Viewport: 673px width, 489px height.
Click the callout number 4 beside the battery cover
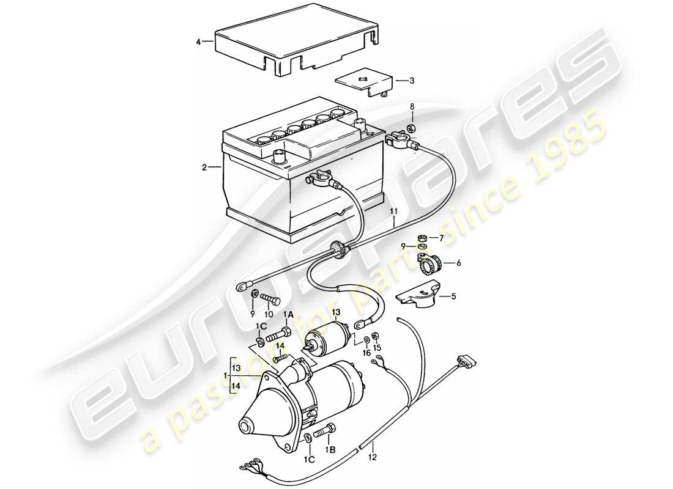coord(198,42)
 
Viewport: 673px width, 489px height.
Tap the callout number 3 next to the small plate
coord(412,80)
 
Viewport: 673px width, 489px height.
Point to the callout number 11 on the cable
coord(395,211)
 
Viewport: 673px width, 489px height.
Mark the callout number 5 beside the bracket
coord(453,298)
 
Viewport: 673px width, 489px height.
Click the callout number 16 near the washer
coord(366,353)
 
